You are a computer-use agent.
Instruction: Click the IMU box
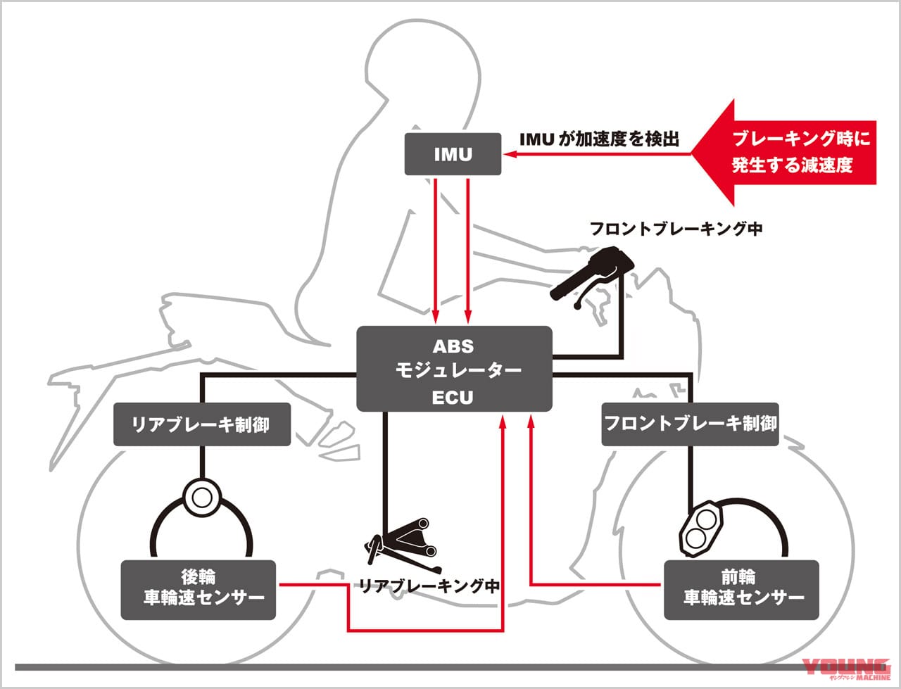(x=453, y=154)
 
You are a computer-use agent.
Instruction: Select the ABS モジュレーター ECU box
(x=454, y=369)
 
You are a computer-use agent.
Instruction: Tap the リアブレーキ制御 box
(x=202, y=424)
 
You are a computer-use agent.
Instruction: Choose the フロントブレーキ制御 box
(x=690, y=424)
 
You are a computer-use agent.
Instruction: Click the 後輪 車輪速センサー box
(x=199, y=590)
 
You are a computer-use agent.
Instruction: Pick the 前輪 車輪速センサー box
(x=741, y=590)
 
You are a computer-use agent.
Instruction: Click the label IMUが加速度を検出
(x=599, y=139)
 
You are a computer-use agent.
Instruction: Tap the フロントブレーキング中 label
(x=676, y=228)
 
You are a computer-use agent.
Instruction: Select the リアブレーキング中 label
(x=429, y=586)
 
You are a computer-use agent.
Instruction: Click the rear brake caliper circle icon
(x=201, y=497)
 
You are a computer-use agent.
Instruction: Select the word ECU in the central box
(x=453, y=398)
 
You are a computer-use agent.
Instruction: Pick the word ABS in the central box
(x=453, y=346)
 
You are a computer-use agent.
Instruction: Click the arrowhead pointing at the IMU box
(x=508, y=153)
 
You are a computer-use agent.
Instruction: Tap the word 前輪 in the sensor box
(x=739, y=577)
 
